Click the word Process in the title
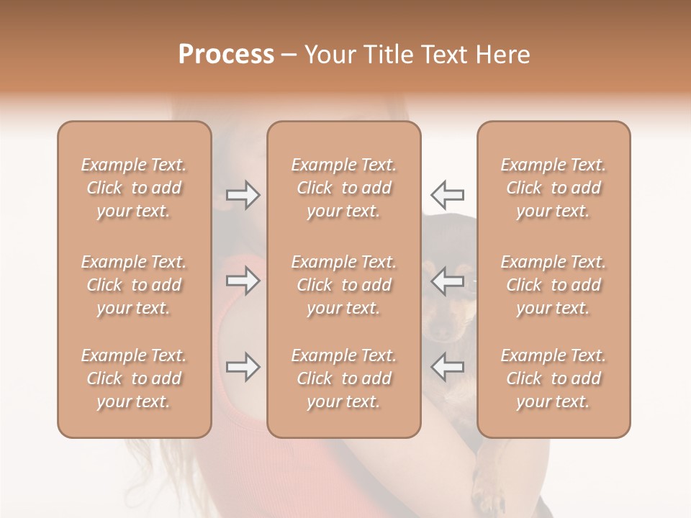(x=226, y=55)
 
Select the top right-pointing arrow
(x=243, y=194)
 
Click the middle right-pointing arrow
(x=243, y=281)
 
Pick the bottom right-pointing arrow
(x=243, y=367)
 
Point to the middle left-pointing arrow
(x=447, y=281)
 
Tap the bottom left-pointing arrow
(x=447, y=367)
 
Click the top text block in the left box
(x=134, y=188)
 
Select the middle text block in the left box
(x=134, y=285)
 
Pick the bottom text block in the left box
(x=134, y=378)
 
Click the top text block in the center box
(x=344, y=188)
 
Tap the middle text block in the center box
(x=344, y=285)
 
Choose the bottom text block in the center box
(x=344, y=378)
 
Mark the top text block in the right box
(x=554, y=188)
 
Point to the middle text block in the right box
(x=554, y=285)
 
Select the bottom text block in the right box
(x=554, y=378)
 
